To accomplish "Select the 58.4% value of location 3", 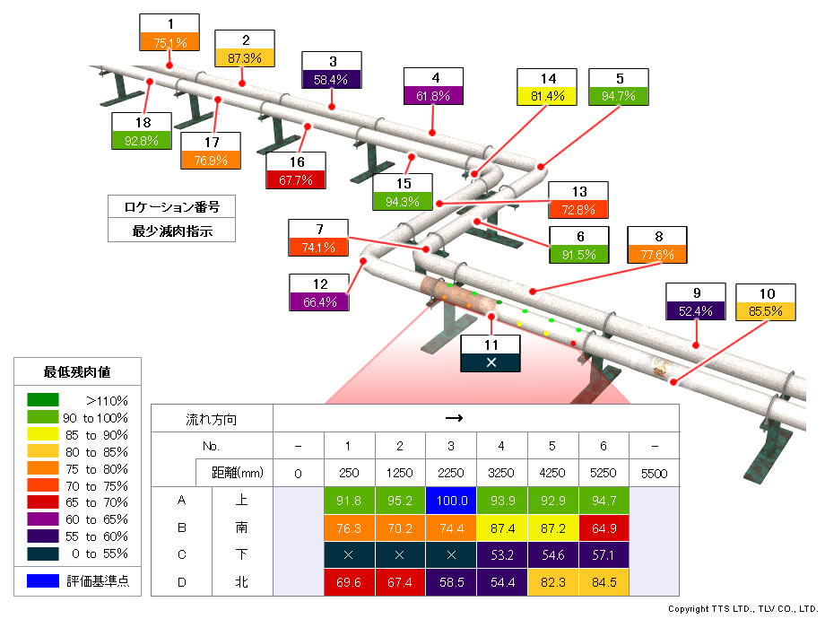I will [x=333, y=79].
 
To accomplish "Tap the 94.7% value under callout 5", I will [x=618, y=95].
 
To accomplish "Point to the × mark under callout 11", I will [x=491, y=362].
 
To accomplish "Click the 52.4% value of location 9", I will [x=696, y=311].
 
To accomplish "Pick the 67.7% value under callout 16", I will [x=296, y=179].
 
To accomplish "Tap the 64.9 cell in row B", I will [x=604, y=527].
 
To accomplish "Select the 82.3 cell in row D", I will [x=552, y=582].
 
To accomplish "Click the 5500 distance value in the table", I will [x=655, y=472].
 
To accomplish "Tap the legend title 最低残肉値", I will [x=78, y=371].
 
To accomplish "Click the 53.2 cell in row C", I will [x=502, y=555].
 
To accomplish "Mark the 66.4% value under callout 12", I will [x=320, y=301].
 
